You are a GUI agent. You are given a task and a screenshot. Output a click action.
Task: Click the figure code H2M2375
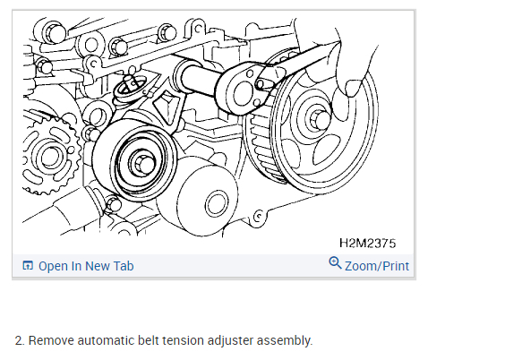[367, 243]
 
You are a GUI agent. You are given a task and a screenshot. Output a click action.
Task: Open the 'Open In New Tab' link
[86, 266]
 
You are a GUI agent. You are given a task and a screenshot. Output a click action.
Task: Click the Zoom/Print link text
[377, 266]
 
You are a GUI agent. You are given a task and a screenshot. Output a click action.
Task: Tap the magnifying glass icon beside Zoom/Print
[335, 262]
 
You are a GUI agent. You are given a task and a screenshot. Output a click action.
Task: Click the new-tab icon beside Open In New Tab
[28, 265]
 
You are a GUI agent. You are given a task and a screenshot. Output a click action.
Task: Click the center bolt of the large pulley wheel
[320, 120]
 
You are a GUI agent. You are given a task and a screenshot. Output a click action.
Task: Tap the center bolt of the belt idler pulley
[144, 162]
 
